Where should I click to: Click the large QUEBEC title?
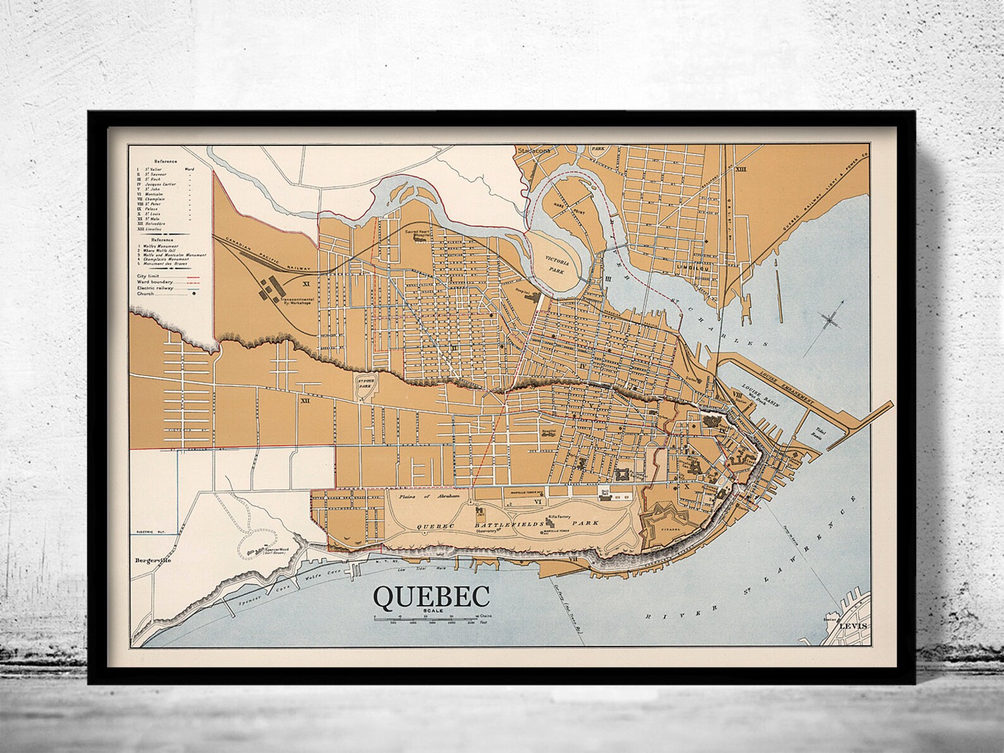coord(432,596)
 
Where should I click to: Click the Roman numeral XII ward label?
coord(305,400)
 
